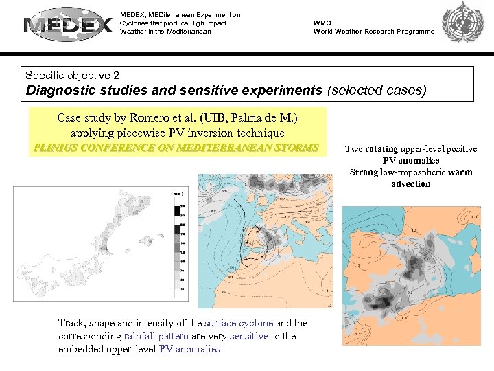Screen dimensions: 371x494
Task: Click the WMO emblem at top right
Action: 462,25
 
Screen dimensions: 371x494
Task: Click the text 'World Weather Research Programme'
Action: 374,32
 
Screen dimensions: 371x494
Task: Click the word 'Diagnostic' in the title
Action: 60,90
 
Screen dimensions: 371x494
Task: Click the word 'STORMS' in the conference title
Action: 296,148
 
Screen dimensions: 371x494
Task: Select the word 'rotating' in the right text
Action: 384,149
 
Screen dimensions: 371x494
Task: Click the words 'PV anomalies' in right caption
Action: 411,161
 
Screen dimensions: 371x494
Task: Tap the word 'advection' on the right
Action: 411,184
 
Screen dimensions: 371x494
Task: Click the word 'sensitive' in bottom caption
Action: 249,336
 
